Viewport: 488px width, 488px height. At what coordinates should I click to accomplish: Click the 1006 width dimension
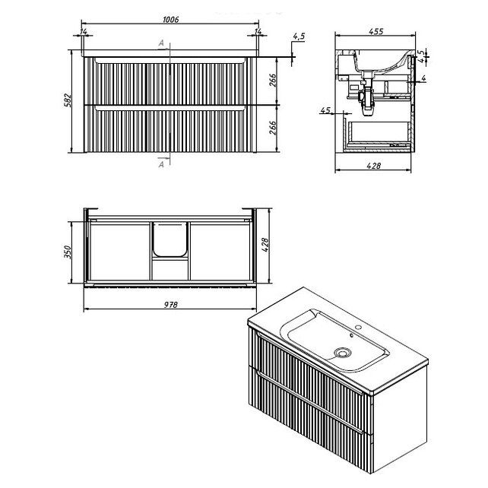click(171, 19)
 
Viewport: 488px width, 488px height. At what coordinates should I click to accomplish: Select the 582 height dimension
click(68, 100)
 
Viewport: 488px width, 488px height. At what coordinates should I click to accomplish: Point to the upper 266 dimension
click(272, 81)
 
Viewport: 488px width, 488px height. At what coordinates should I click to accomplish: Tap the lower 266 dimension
click(272, 128)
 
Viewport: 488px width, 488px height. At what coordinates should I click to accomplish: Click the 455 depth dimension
click(376, 31)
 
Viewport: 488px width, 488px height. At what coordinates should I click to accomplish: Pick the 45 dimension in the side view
click(325, 110)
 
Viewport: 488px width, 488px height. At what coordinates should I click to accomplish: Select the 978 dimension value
click(171, 304)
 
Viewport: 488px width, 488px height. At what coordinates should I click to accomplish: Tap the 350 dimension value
click(68, 252)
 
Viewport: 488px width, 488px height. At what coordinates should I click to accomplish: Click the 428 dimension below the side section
click(373, 166)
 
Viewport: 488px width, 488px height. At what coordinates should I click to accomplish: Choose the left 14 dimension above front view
click(84, 31)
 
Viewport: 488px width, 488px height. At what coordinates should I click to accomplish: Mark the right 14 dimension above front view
click(258, 31)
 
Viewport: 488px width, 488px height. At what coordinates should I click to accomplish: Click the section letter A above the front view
click(161, 43)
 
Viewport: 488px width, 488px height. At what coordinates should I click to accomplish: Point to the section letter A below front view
click(161, 164)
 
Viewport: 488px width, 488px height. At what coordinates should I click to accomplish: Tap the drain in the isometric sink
click(342, 353)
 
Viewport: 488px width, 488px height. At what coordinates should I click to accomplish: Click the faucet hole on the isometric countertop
click(358, 328)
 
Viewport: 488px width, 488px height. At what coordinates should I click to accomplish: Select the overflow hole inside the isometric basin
click(352, 335)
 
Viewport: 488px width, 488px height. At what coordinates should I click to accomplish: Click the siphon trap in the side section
click(366, 98)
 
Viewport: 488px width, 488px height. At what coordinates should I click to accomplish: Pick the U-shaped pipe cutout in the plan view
click(170, 239)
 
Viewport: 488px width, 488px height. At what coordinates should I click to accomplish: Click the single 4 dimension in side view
click(423, 78)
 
